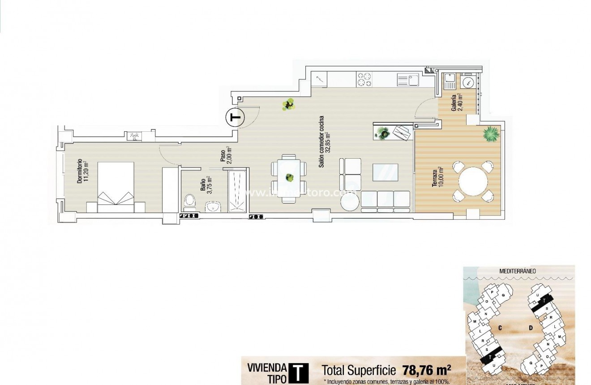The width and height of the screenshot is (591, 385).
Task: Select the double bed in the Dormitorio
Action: pyautogui.click(x=116, y=187)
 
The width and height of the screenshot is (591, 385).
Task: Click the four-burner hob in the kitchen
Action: pyautogui.click(x=364, y=80)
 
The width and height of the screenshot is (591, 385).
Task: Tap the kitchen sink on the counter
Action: pyautogui.click(x=407, y=80)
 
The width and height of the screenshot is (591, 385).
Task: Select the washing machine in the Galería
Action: pyautogui.click(x=468, y=82)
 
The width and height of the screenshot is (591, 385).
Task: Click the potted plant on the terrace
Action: pyautogui.click(x=491, y=134)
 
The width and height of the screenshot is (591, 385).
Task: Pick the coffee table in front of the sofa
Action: pyautogui.click(x=385, y=172)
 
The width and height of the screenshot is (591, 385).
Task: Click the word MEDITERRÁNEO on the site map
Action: pyautogui.click(x=518, y=271)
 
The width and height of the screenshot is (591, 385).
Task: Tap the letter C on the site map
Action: pyautogui.click(x=499, y=328)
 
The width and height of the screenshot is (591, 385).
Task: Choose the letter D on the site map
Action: pyautogui.click(x=531, y=328)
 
